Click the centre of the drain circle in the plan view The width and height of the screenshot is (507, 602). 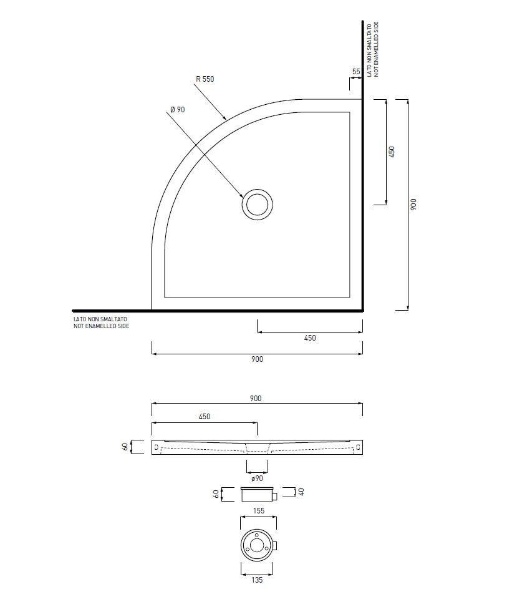click(x=257, y=205)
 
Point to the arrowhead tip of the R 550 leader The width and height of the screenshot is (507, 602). click(x=226, y=120)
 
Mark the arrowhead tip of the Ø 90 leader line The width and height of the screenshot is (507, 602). click(x=244, y=198)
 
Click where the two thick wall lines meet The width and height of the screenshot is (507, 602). click(x=362, y=311)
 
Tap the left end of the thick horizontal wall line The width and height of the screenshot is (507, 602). click(x=72, y=311)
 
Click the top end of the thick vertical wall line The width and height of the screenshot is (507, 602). click(x=362, y=21)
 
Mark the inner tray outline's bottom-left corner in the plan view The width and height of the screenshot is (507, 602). click(x=165, y=297)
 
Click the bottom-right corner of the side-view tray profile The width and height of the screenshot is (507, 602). click(x=362, y=454)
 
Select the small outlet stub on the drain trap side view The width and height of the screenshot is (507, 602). click(x=275, y=496)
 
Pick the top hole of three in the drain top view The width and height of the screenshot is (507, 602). click(x=256, y=535)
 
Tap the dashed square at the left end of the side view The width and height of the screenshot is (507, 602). click(x=156, y=447)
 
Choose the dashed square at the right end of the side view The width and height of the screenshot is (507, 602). click(x=358, y=447)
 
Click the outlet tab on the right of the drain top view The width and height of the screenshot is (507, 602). click(x=275, y=546)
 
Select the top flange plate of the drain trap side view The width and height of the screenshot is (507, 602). click(x=257, y=488)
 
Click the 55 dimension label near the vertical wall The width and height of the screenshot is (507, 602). click(x=356, y=71)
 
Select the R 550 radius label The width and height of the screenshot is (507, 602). click(x=205, y=79)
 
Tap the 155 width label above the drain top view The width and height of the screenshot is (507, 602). click(x=259, y=511)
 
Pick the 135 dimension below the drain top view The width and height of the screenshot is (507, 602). click(x=257, y=580)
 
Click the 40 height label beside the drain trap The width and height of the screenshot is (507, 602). click(x=301, y=492)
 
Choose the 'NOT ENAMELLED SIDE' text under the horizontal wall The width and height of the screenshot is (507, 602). click(x=101, y=326)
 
